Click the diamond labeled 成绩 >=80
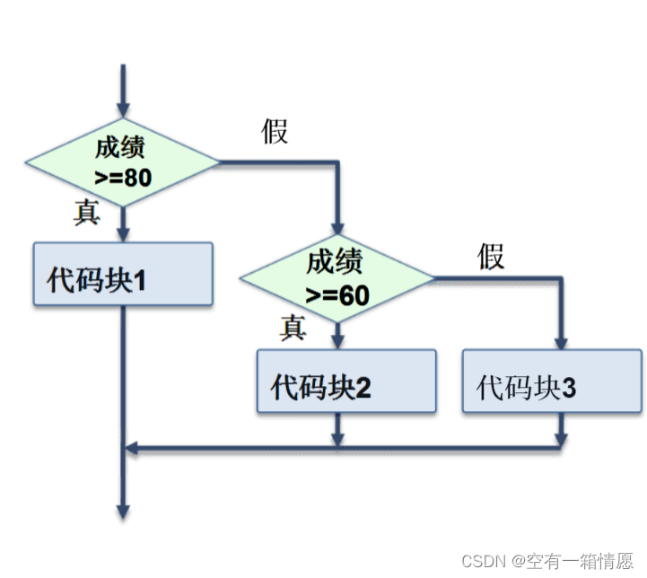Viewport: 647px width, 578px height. (122, 162)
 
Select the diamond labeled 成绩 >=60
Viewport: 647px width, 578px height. (337, 278)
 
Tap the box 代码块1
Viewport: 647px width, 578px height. (122, 274)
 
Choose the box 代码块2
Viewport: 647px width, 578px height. (346, 381)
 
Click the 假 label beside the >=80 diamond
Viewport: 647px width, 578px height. (275, 131)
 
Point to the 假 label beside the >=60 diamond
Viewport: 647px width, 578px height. (491, 257)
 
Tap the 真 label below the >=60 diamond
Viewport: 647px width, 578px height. (293, 328)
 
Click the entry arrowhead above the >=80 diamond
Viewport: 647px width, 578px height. (122, 105)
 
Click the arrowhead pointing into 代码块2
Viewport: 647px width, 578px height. (337, 341)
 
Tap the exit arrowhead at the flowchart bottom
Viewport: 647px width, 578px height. (122, 510)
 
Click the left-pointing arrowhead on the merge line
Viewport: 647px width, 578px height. (131, 446)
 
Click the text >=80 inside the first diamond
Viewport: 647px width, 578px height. (123, 177)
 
